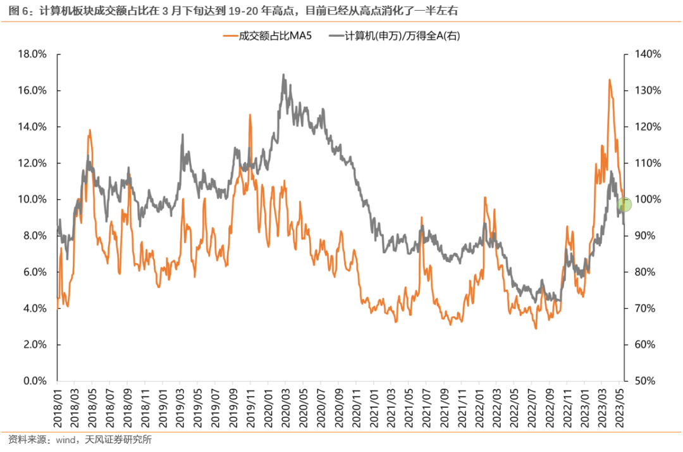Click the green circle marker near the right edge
[624, 204]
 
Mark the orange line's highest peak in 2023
[609, 80]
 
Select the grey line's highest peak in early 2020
[283, 75]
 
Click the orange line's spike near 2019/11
[250, 115]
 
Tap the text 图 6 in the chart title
[16, 10]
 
